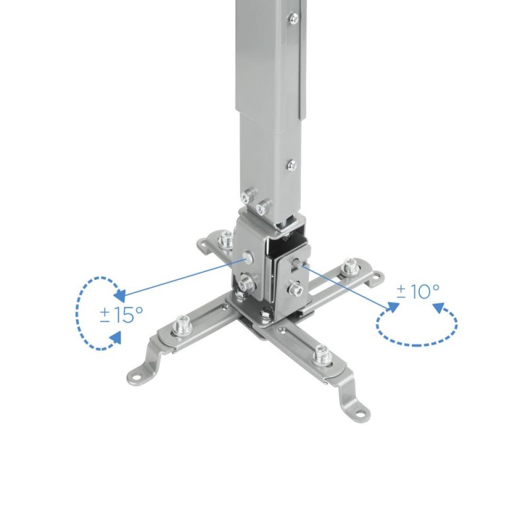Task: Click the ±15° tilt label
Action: tap(121, 315)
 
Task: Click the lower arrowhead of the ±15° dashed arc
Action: tap(116, 338)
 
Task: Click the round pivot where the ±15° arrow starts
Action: tap(247, 259)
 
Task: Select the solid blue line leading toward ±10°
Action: tap(348, 285)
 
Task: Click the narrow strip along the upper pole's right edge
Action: tap(301, 69)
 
